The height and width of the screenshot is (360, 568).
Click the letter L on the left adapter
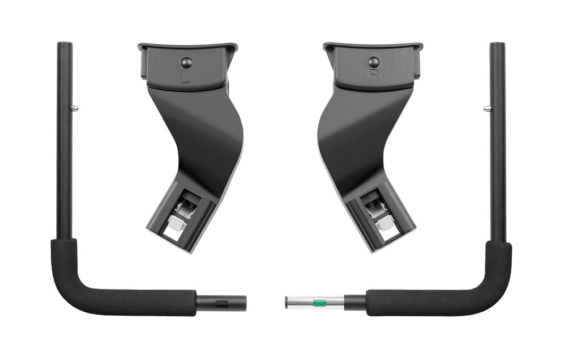coord(186,77)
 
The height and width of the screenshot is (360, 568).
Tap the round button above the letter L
coord(186,62)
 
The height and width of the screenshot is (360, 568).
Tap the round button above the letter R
coord(374,61)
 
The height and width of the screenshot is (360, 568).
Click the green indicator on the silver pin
coord(318,302)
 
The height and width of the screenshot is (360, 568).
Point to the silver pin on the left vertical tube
coord(74,107)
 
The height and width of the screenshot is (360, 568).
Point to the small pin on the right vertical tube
coord(487,107)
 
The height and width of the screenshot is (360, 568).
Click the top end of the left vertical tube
coord(65,44)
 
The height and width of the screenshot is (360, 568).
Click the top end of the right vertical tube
coord(498,44)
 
